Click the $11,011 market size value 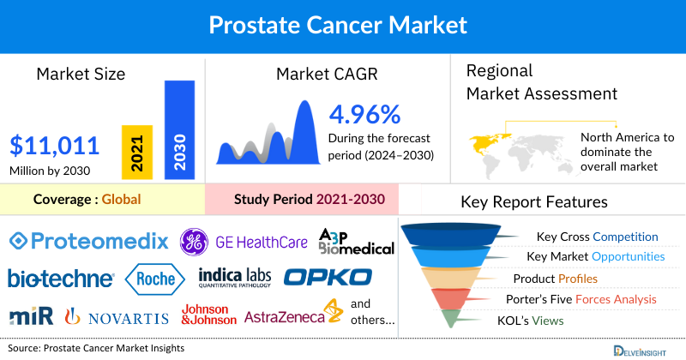[x=55, y=144]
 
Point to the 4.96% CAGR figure [x=364, y=114]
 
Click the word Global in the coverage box [x=121, y=200]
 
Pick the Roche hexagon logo [x=155, y=278]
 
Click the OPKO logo [x=328, y=278]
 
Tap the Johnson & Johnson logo [x=208, y=315]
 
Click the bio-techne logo [x=60, y=279]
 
